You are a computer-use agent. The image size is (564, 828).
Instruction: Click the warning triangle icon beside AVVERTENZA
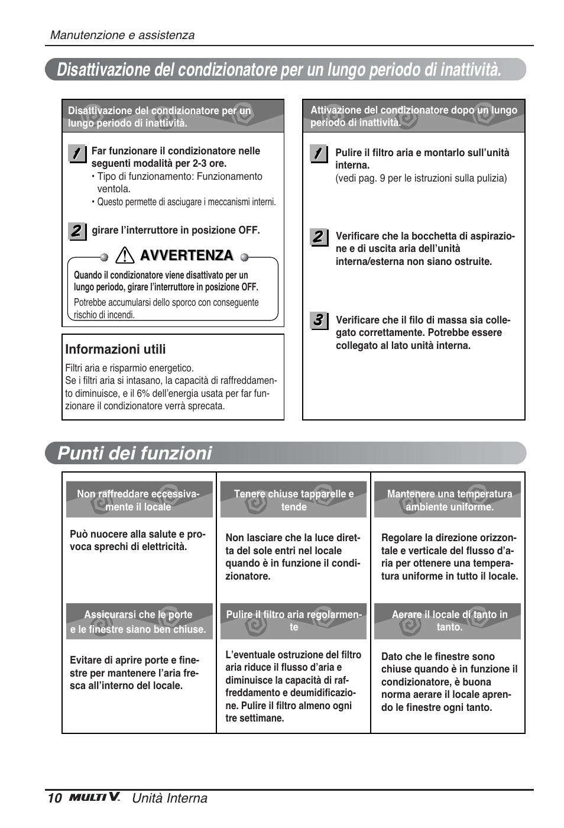coord(125,255)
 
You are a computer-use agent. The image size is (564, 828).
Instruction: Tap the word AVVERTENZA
coord(186,255)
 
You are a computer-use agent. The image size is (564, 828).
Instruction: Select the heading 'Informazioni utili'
coord(115,350)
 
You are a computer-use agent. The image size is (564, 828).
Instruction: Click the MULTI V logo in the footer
coord(95,797)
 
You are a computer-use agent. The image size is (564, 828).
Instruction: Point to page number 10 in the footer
coord(54,798)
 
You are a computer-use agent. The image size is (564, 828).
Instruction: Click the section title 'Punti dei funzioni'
coord(135,454)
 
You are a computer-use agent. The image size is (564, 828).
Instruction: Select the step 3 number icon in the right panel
coord(318,321)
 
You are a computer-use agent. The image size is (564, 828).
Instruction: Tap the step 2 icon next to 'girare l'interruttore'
coord(76,231)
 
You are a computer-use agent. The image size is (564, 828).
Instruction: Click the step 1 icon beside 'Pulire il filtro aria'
coord(318,154)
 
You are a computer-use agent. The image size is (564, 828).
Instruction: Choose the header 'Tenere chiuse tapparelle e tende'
coord(293,500)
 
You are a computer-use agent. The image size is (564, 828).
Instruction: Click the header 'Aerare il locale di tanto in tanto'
coord(449,621)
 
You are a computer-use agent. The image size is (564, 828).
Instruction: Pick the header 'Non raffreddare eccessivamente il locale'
coord(138,500)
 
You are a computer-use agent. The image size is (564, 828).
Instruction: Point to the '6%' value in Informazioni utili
coord(143,393)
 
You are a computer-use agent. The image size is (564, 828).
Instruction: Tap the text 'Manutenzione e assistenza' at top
coord(122,35)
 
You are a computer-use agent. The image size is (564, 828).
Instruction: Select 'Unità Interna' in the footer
coord(170,798)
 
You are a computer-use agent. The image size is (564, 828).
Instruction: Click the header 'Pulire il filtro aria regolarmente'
coord(293,621)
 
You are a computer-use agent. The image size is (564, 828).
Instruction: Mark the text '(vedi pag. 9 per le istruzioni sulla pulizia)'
coord(421,178)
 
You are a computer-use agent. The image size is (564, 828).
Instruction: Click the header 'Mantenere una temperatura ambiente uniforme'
coord(449,500)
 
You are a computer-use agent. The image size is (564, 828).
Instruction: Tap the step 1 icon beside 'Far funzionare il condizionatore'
coord(76,153)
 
